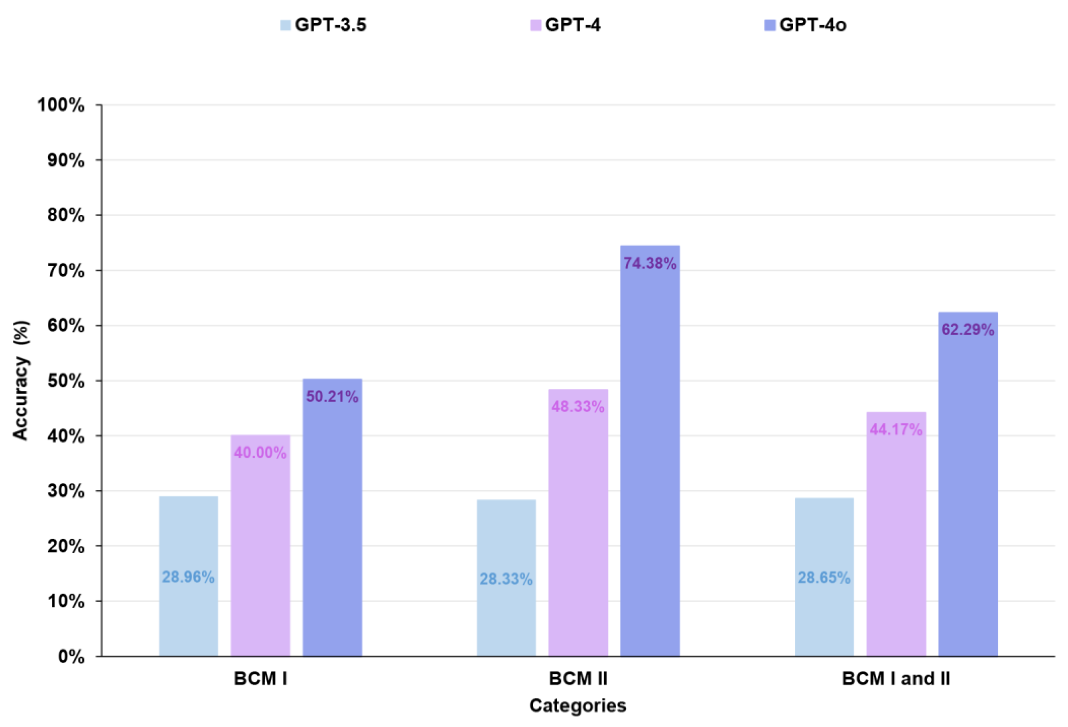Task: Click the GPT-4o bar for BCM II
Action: [x=650, y=459]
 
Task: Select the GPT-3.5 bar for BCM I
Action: [x=188, y=528]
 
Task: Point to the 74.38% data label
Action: [x=650, y=264]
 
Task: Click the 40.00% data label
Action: [x=260, y=453]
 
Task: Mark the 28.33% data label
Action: [x=506, y=579]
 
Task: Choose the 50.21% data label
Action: [x=332, y=397]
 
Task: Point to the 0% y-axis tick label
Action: [x=71, y=657]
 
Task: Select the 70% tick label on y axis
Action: [x=66, y=271]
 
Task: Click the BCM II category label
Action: [x=578, y=679]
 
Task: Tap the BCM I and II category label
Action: [x=896, y=679]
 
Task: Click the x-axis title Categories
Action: [x=578, y=705]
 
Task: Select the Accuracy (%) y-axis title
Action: [x=21, y=380]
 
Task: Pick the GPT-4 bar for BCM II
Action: [x=578, y=528]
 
